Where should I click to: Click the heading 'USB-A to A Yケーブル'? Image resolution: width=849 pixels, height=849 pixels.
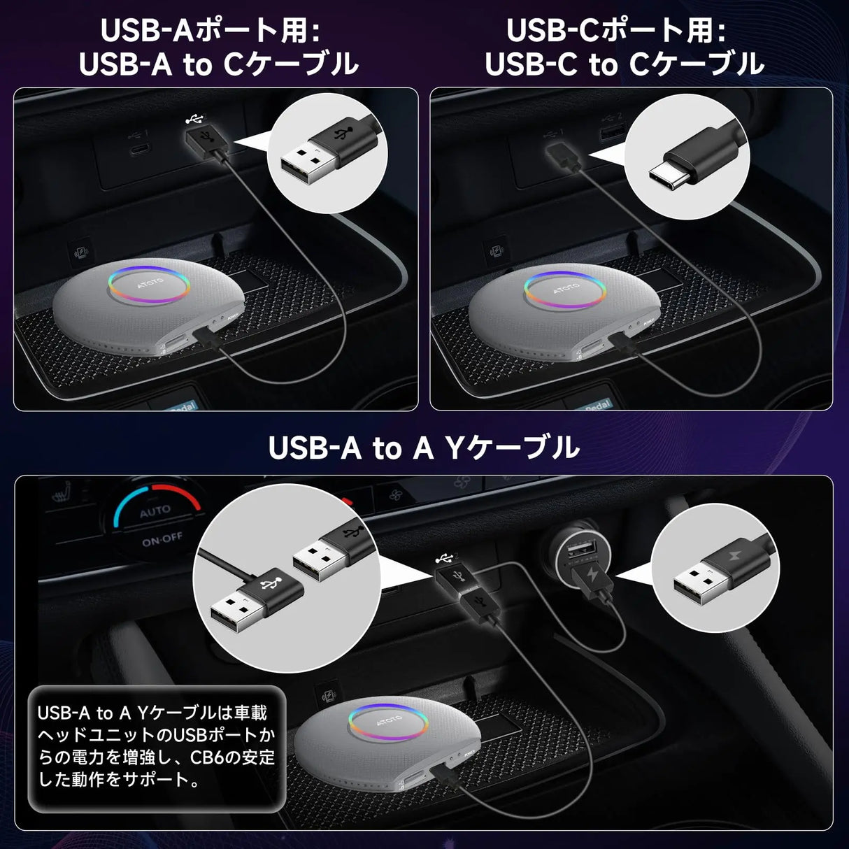[424, 448]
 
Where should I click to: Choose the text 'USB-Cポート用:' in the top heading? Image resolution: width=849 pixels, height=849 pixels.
[615, 31]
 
